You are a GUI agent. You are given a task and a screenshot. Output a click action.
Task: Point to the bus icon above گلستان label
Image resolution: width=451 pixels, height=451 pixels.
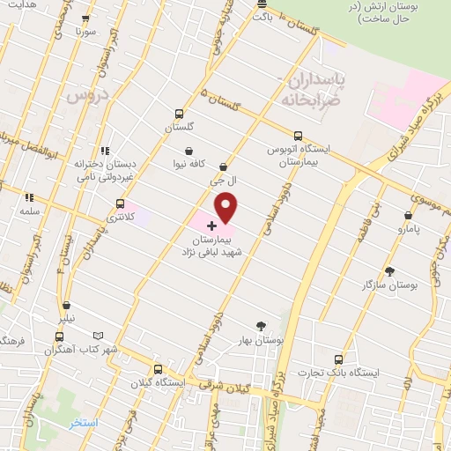(x=180, y=114)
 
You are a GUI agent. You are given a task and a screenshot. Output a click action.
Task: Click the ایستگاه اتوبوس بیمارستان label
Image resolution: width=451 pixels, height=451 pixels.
(x=299, y=155)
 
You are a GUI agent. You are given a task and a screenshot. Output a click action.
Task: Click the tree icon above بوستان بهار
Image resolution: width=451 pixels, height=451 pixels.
(x=260, y=325)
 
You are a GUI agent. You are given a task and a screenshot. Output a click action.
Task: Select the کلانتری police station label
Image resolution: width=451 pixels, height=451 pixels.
(x=123, y=216)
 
